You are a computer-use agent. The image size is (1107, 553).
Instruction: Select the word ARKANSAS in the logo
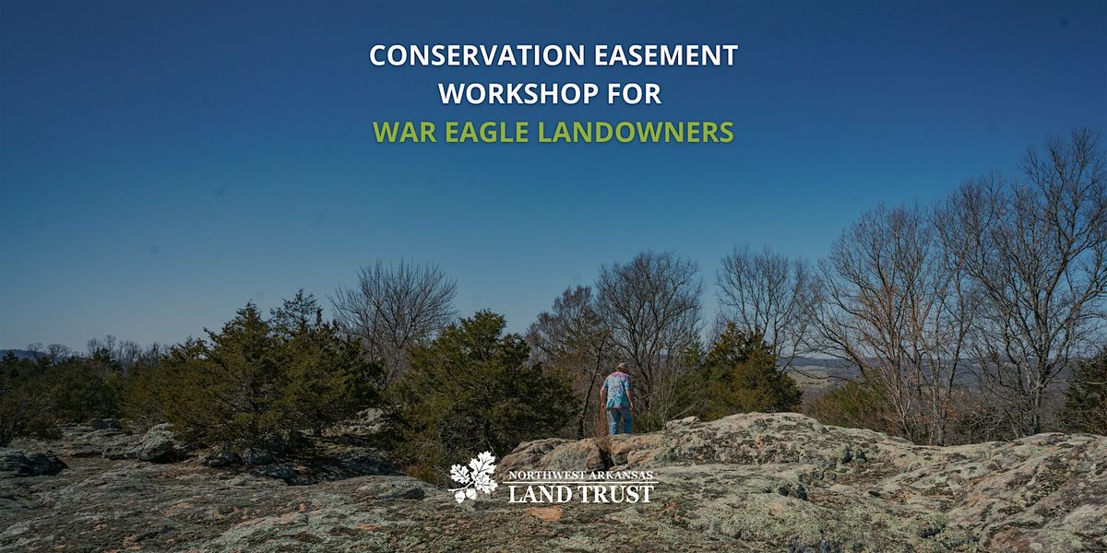point(620,476)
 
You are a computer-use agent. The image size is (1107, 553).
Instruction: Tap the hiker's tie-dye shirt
point(617,390)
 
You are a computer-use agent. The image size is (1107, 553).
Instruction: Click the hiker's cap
point(622,367)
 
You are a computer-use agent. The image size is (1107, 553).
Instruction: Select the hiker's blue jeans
point(619,419)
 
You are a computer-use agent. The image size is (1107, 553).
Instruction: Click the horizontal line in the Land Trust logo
point(582,482)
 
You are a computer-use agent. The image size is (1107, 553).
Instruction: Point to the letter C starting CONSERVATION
point(377,55)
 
